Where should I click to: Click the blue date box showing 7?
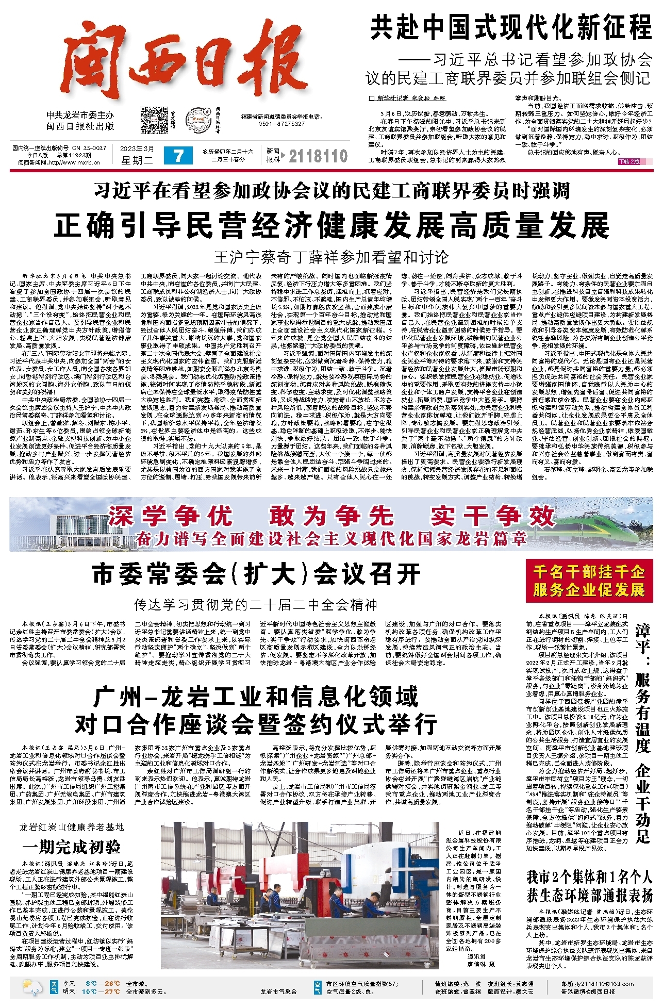[178, 156]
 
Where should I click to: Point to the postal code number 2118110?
[318, 156]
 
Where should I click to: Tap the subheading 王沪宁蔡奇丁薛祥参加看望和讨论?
[331, 257]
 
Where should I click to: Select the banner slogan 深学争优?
[170, 516]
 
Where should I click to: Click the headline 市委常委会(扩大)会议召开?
[256, 574]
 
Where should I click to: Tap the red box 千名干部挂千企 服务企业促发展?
[589, 581]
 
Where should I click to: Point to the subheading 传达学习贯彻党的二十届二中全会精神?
[256, 604]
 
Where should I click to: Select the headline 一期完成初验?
[72, 847]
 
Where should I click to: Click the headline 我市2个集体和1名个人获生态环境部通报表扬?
[589, 886]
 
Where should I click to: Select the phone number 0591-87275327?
[281, 124]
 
